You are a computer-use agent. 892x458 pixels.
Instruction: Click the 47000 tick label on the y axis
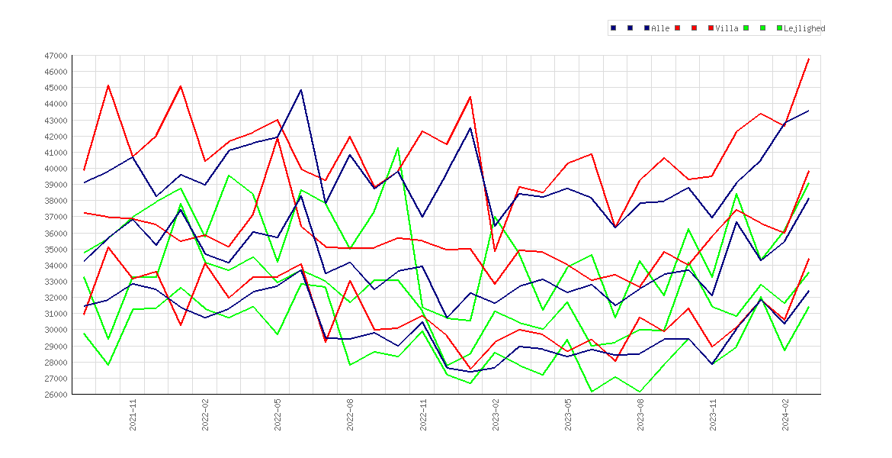pos(56,56)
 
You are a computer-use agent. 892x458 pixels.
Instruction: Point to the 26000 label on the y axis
pos(56,395)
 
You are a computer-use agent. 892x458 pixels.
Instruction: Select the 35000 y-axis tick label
pos(56,250)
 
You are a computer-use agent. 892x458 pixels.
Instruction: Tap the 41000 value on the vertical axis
pos(56,153)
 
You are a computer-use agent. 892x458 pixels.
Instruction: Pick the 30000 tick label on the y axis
pos(56,330)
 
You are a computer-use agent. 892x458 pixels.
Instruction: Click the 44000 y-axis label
pos(56,105)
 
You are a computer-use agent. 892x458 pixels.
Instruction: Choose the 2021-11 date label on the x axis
pos(133,415)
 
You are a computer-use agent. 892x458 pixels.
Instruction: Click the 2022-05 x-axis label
pos(278,415)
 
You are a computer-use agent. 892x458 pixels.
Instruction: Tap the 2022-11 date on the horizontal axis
pos(422,415)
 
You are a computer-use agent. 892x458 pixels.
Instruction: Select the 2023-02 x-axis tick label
pos(496,415)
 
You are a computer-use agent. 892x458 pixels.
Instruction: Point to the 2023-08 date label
pos(640,415)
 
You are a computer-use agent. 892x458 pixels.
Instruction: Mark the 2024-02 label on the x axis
pos(785,415)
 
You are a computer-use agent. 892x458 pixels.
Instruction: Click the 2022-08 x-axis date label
pos(351,415)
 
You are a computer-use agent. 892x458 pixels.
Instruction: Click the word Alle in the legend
pos(660,28)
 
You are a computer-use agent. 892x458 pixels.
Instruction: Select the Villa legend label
pos(727,28)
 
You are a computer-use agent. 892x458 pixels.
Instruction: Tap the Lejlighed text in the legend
pos(804,28)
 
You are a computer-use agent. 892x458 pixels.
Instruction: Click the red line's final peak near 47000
pos(808,59)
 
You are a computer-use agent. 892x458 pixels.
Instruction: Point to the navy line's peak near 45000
pos(301,89)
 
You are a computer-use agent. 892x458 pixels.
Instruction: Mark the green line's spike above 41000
pos(398,148)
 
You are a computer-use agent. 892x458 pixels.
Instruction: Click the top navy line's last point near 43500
pos(808,111)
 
